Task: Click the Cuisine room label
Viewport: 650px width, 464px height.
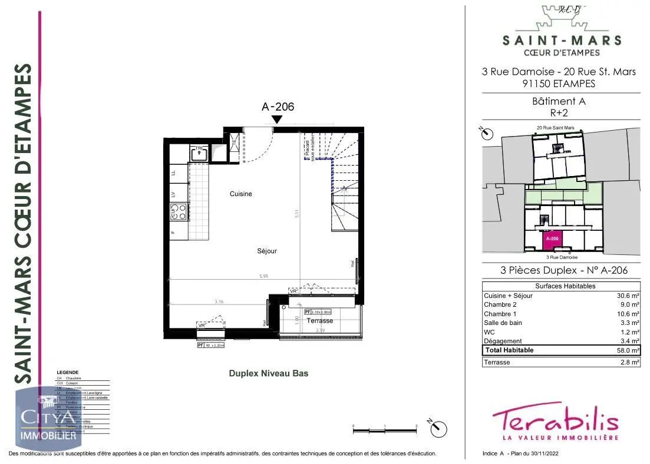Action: point(241,194)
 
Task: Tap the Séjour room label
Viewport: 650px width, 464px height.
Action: point(267,251)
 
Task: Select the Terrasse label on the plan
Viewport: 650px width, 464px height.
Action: point(320,320)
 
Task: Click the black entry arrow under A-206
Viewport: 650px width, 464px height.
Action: point(277,120)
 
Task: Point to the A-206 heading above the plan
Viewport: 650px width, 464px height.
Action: point(277,107)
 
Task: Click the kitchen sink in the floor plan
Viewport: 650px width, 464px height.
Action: point(199,154)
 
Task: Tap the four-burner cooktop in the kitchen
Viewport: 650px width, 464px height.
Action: point(178,211)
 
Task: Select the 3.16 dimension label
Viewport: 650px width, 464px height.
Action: point(219,301)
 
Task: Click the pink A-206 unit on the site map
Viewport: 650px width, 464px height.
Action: point(552,238)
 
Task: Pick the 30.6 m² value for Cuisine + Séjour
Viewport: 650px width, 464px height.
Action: point(628,296)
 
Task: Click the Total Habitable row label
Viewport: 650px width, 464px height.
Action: point(509,350)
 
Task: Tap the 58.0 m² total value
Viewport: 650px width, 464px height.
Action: point(628,350)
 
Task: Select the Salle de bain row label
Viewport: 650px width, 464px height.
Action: point(503,323)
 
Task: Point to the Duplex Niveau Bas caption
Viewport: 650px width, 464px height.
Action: point(268,373)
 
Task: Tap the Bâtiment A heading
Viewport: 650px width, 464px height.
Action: point(558,101)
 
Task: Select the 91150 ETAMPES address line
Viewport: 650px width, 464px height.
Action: point(558,84)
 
